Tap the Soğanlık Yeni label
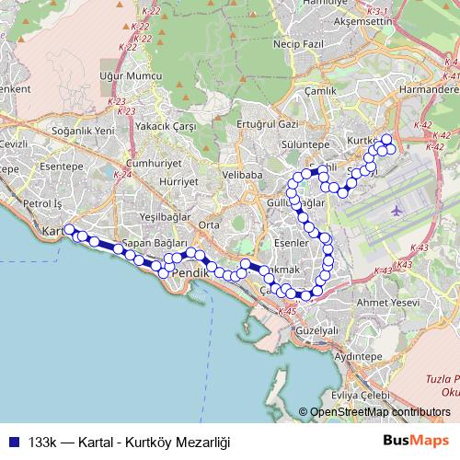(84, 132)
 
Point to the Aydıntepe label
(358, 354)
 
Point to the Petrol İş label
(42, 202)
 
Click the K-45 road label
(286, 313)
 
